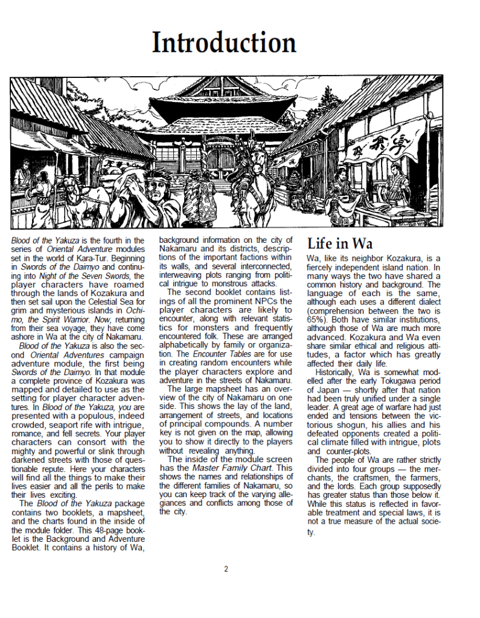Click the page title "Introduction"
click(x=224, y=42)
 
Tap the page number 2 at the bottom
click(x=226, y=568)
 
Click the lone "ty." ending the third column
click(x=310, y=532)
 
